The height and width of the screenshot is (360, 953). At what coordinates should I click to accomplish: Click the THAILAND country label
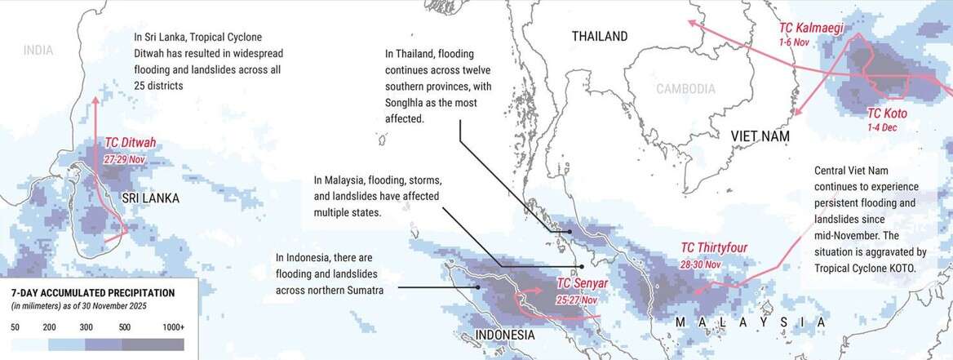click(600, 37)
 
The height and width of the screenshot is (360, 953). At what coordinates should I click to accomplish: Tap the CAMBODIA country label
click(688, 89)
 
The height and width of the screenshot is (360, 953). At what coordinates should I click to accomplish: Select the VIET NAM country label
click(760, 137)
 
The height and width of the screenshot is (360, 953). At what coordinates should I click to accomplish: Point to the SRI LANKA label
click(150, 198)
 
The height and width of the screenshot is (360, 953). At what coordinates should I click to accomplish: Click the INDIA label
click(38, 51)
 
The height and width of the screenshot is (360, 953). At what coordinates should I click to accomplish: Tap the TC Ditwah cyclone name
click(131, 143)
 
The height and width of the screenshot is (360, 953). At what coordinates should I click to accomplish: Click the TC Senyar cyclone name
click(581, 283)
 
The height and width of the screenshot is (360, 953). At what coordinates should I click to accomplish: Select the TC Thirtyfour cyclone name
click(714, 248)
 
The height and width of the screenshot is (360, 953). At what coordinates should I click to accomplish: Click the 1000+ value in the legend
click(173, 327)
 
